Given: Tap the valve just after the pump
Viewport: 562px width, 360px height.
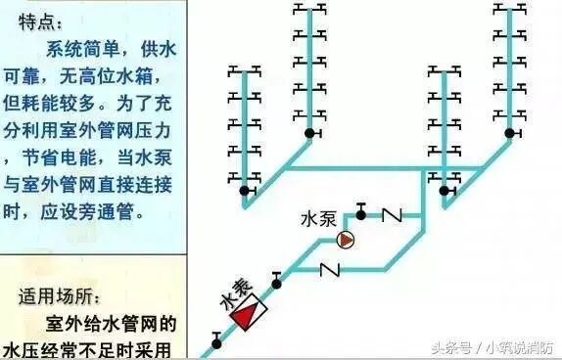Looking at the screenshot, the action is (x=360, y=210).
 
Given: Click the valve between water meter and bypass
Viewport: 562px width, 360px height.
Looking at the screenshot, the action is (x=277, y=283).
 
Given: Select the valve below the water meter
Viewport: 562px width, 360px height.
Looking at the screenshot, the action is (x=215, y=342).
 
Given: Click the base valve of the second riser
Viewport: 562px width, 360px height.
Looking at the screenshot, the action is (x=310, y=133).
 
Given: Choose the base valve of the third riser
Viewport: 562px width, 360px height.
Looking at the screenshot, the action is (x=445, y=180).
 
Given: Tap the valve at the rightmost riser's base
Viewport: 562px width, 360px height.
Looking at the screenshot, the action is (x=507, y=133).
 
